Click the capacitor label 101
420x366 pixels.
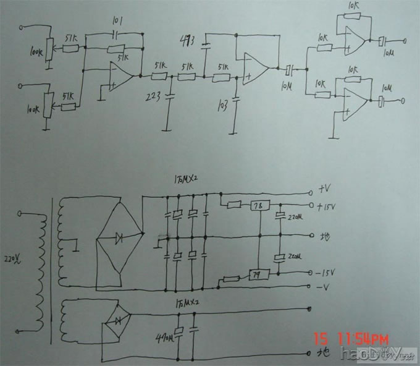point(117,22)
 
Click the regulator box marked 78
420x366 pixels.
point(258,206)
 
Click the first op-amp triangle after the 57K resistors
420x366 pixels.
point(121,77)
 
